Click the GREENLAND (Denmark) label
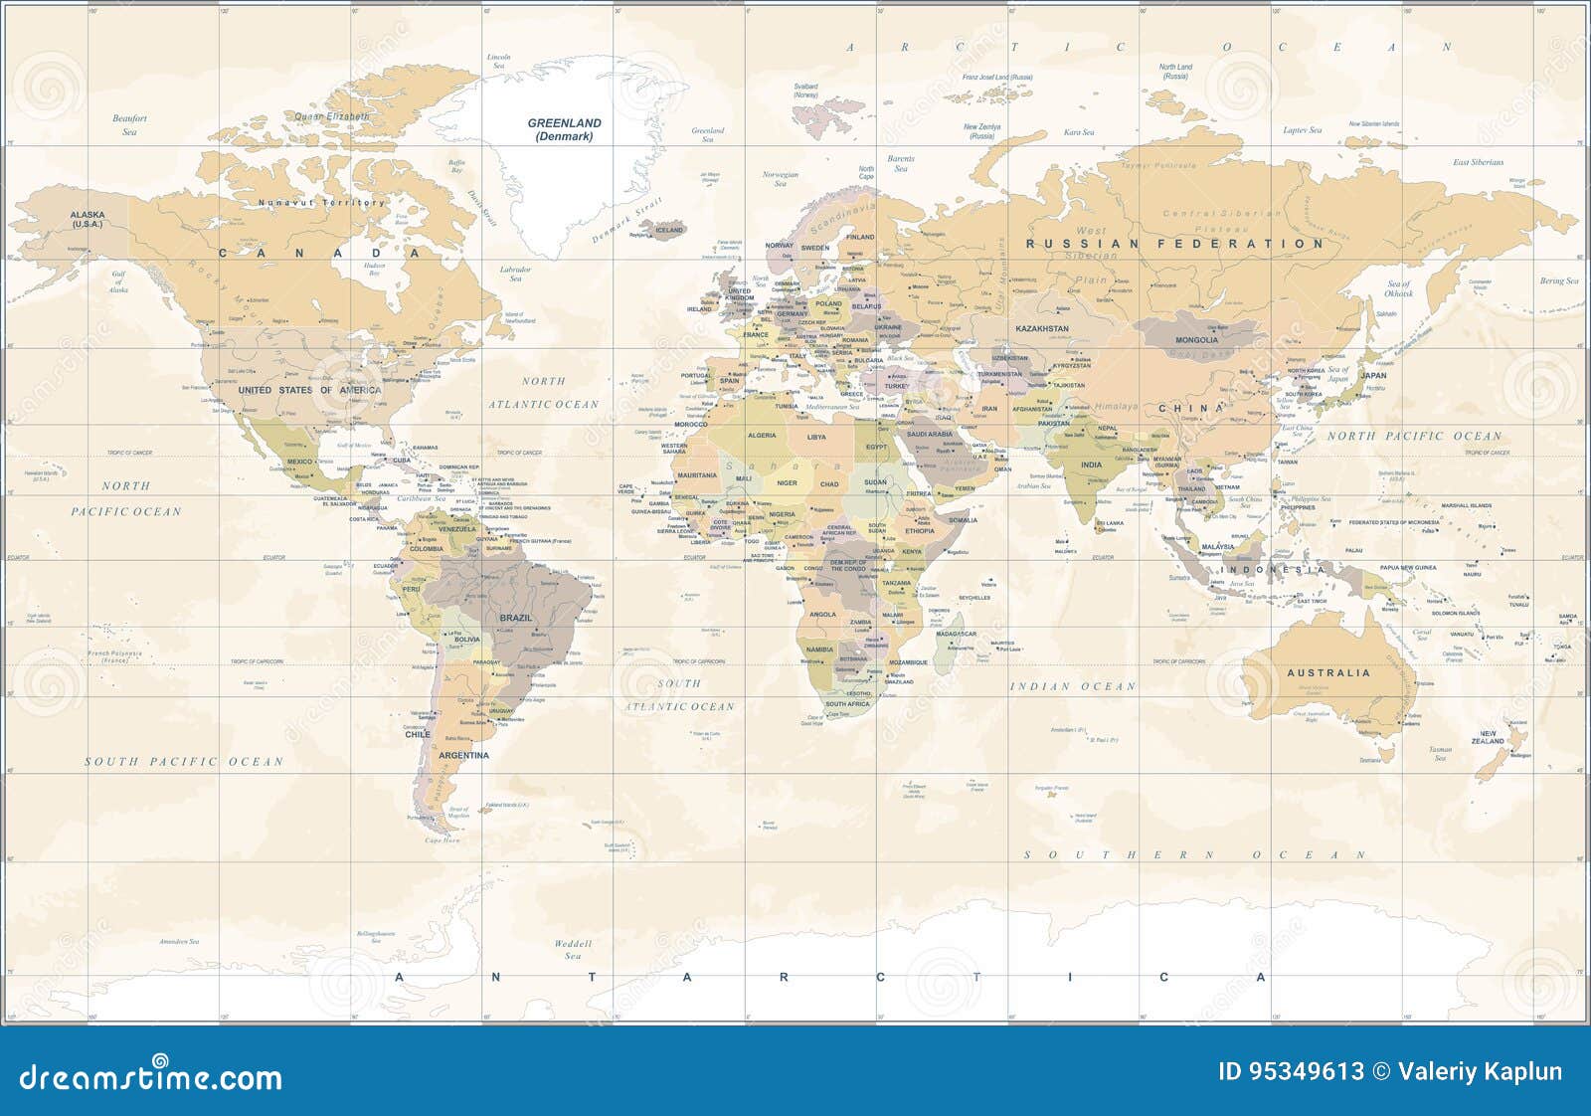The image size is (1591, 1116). (x=564, y=129)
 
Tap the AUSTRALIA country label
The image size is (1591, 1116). (x=1328, y=672)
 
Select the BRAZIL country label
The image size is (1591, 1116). (x=515, y=618)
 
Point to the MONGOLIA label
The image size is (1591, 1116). (x=1196, y=340)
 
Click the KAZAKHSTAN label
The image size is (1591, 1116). (x=1041, y=328)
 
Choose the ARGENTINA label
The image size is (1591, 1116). (x=464, y=755)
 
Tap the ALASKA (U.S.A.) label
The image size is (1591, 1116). (x=88, y=219)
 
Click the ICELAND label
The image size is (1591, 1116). (x=669, y=230)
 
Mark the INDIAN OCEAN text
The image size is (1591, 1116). (x=1073, y=686)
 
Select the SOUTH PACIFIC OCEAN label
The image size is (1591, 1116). (x=184, y=761)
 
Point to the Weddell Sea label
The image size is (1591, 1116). (x=573, y=949)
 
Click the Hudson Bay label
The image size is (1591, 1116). (x=374, y=269)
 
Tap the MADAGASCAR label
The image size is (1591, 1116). (x=957, y=634)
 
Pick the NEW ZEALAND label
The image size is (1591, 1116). (x=1488, y=737)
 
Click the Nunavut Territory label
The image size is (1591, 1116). (x=320, y=202)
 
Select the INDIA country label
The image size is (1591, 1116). (x=1091, y=465)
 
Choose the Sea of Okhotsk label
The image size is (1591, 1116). (x=1398, y=288)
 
